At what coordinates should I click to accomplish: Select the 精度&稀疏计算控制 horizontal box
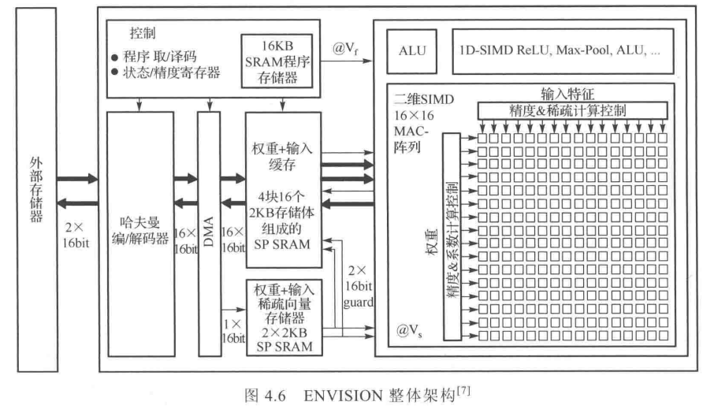pyautogui.click(x=571, y=109)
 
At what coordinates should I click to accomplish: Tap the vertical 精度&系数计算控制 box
pyautogui.click(x=452, y=235)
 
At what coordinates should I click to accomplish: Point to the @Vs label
pyautogui.click(x=409, y=329)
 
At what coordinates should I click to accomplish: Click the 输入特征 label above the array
pyautogui.click(x=567, y=93)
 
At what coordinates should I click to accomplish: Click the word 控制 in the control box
pyautogui.click(x=142, y=35)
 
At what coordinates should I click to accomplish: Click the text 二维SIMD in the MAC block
pyautogui.click(x=418, y=100)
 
